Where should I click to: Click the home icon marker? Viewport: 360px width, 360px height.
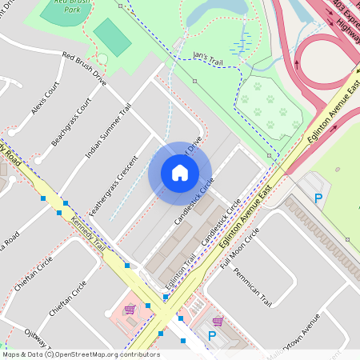tap(180, 173)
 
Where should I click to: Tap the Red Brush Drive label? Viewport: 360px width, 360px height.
tap(85, 69)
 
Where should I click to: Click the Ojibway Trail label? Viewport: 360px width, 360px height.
tap(34, 337)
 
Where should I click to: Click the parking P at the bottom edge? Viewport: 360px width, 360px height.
tap(212, 336)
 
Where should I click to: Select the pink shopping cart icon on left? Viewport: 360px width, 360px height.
tap(129, 310)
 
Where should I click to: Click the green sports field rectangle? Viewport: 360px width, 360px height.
tap(111, 37)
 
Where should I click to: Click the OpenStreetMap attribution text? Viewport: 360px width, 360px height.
tap(80, 354)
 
